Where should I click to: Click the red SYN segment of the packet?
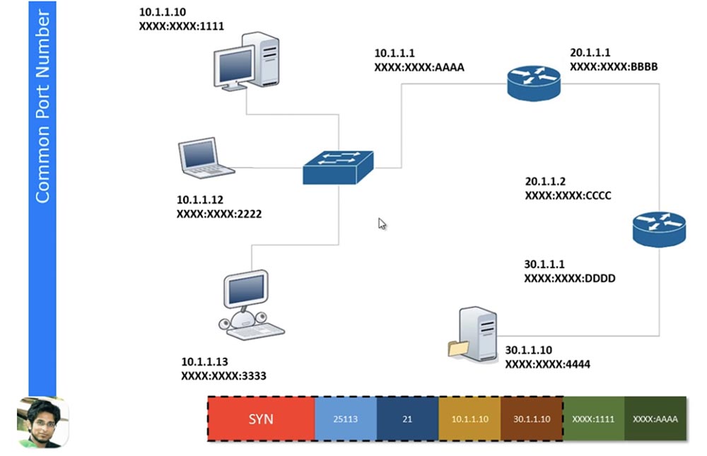tap(261, 419)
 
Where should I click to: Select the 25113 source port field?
tap(345, 419)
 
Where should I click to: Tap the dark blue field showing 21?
tap(407, 419)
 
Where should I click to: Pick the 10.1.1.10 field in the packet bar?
tap(469, 419)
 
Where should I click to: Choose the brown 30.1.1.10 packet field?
tap(532, 419)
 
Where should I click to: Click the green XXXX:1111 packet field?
tap(594, 419)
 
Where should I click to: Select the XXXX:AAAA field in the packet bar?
tap(655, 419)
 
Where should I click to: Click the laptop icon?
tap(204, 158)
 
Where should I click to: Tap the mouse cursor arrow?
tap(382, 223)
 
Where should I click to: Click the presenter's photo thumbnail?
tap(42, 422)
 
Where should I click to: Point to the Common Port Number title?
tap(42, 106)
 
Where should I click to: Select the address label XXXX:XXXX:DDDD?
tap(569, 279)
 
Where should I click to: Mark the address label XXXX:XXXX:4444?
tap(547, 364)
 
